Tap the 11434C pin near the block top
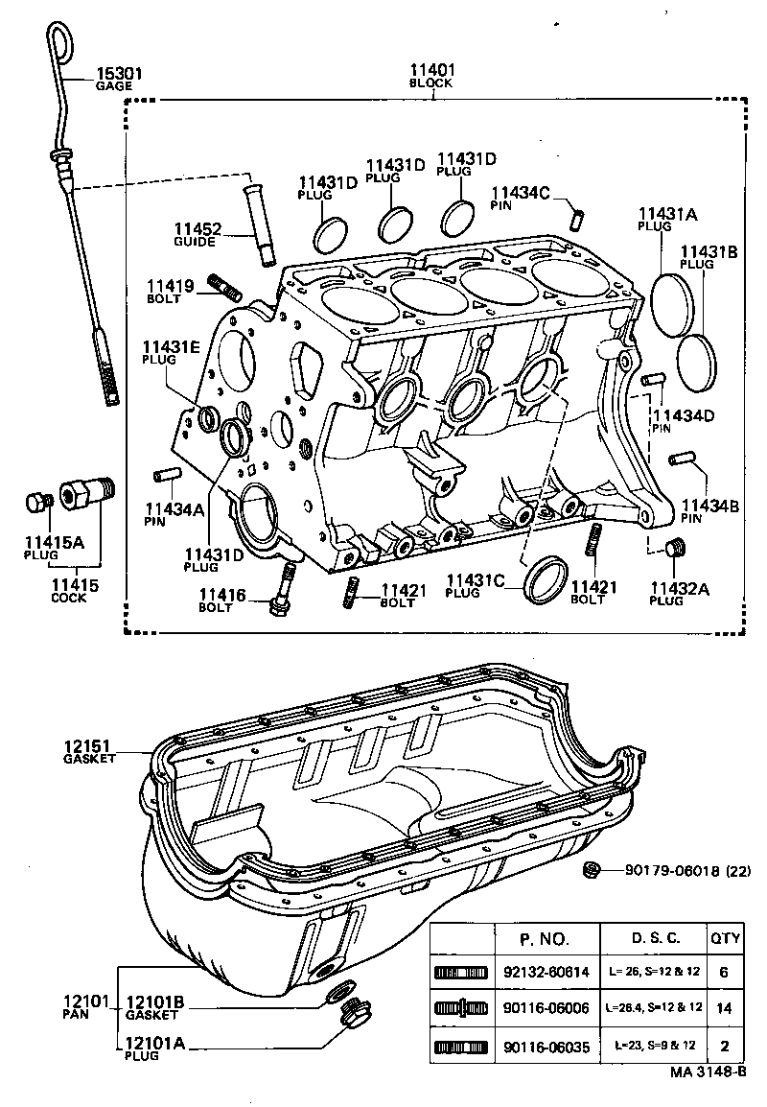[x=577, y=217]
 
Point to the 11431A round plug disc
[x=667, y=304]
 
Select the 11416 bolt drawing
[x=284, y=592]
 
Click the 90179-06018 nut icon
[x=593, y=870]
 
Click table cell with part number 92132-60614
[x=546, y=972]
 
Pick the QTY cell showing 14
[x=723, y=1008]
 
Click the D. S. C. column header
[x=655, y=937]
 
